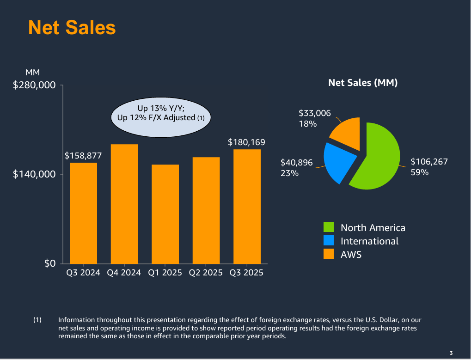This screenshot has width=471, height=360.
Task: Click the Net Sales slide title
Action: (x=72, y=27)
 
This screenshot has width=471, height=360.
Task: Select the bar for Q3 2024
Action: (x=83, y=213)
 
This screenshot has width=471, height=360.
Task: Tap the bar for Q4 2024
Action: (x=124, y=204)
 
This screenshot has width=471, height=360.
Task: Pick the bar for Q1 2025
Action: (x=165, y=214)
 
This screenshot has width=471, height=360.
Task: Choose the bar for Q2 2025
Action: (x=206, y=210)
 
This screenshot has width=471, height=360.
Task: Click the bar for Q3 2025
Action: (x=247, y=206)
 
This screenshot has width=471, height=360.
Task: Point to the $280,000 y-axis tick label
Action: (x=34, y=85)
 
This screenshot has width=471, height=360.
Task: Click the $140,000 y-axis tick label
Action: (x=34, y=174)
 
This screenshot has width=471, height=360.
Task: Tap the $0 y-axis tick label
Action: (x=49, y=263)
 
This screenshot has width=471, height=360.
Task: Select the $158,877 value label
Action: (x=83, y=155)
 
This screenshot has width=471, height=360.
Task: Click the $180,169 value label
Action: (x=246, y=142)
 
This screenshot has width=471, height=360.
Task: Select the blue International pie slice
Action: (x=339, y=162)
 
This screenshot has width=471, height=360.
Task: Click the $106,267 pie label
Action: (x=429, y=162)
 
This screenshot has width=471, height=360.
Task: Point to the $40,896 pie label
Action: (x=297, y=163)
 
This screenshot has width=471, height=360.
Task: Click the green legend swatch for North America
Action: (x=329, y=227)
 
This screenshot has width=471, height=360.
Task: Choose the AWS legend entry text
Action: (x=351, y=254)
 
